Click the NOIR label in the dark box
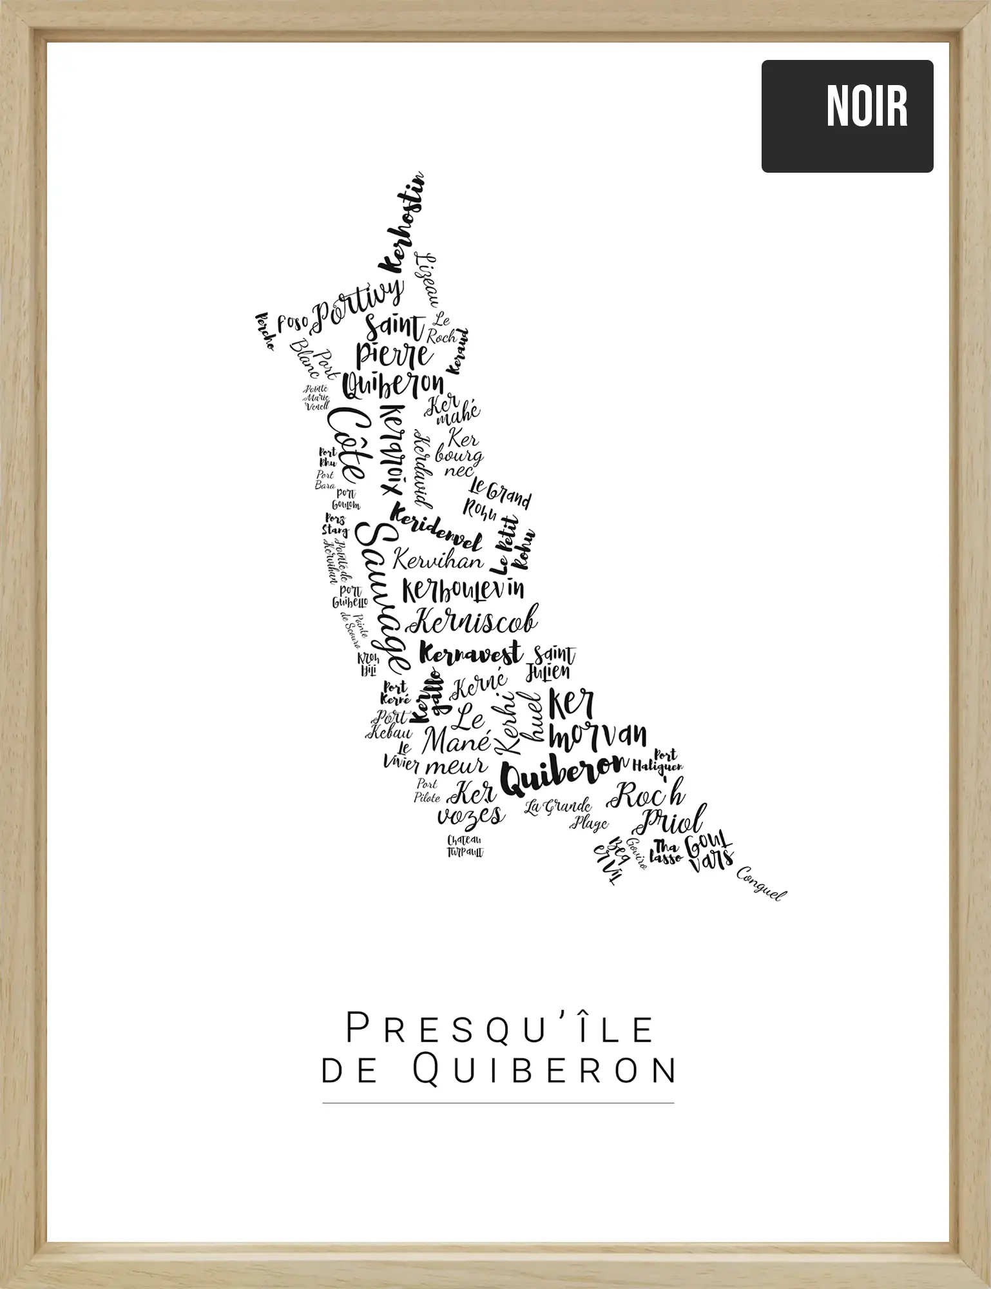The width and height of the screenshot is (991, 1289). pos(867,106)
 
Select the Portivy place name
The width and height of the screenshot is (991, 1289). pos(358,302)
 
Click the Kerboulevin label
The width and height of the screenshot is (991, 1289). pos(463,589)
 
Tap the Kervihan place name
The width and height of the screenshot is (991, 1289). pos(438,559)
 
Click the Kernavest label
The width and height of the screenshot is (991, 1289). pos(470,654)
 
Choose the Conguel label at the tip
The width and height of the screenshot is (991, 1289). pos(761,884)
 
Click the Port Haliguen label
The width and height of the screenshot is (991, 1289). pos(659,761)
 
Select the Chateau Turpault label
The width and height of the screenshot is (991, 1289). pos(465,846)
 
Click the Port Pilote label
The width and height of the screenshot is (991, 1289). pos(427,790)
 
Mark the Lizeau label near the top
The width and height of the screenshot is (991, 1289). pos(427,280)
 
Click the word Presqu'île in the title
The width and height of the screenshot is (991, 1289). pos(500,1029)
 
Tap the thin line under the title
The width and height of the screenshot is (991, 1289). pos(498,1103)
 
